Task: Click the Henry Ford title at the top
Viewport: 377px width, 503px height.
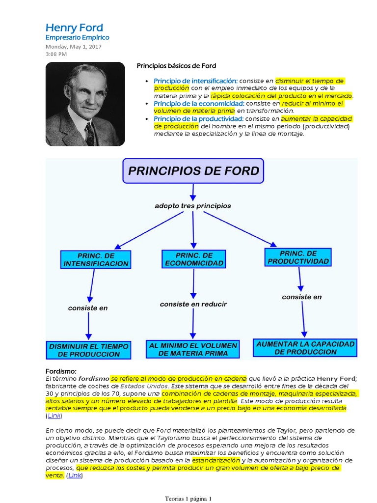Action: coord(74,28)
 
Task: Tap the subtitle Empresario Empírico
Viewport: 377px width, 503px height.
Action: coord(77,37)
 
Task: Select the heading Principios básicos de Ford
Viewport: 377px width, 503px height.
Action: coord(176,66)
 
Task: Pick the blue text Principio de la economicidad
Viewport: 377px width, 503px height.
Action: coord(199,104)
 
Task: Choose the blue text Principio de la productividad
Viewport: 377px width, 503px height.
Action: coord(198,119)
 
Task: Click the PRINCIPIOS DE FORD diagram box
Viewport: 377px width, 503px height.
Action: coord(193,171)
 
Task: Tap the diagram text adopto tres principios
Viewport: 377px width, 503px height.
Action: coord(192,205)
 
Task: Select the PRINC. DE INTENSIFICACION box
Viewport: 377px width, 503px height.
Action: coord(96,259)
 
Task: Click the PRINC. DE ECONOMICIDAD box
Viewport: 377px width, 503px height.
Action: coord(194,259)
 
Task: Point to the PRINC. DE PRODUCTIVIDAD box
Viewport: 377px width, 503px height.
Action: coord(298,257)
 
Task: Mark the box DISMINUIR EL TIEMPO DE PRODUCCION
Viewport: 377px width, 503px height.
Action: coord(88,350)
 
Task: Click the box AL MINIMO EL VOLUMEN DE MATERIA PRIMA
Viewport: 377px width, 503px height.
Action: coord(193,349)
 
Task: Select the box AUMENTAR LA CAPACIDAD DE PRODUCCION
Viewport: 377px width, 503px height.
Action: coord(305,348)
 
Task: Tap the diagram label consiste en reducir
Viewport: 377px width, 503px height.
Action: coord(193,304)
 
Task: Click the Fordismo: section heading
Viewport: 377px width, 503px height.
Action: coord(61,371)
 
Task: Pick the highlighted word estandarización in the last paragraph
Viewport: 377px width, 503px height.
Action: coord(216,460)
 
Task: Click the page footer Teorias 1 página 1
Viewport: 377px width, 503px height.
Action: coord(188,499)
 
